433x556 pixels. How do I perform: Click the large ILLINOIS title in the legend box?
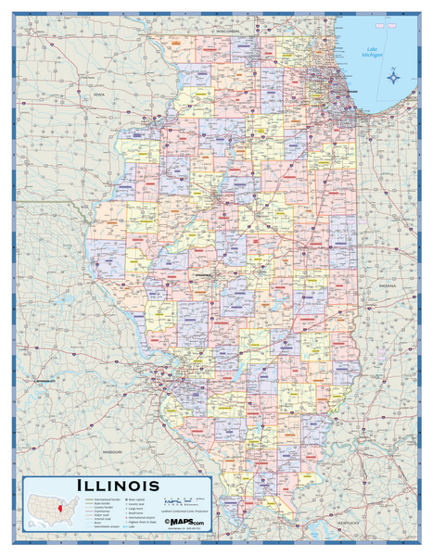tap(118, 485)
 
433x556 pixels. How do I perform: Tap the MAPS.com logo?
tap(186, 523)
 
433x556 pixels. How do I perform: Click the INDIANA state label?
tap(387, 286)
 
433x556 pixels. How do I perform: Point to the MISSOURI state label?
tap(113, 451)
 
